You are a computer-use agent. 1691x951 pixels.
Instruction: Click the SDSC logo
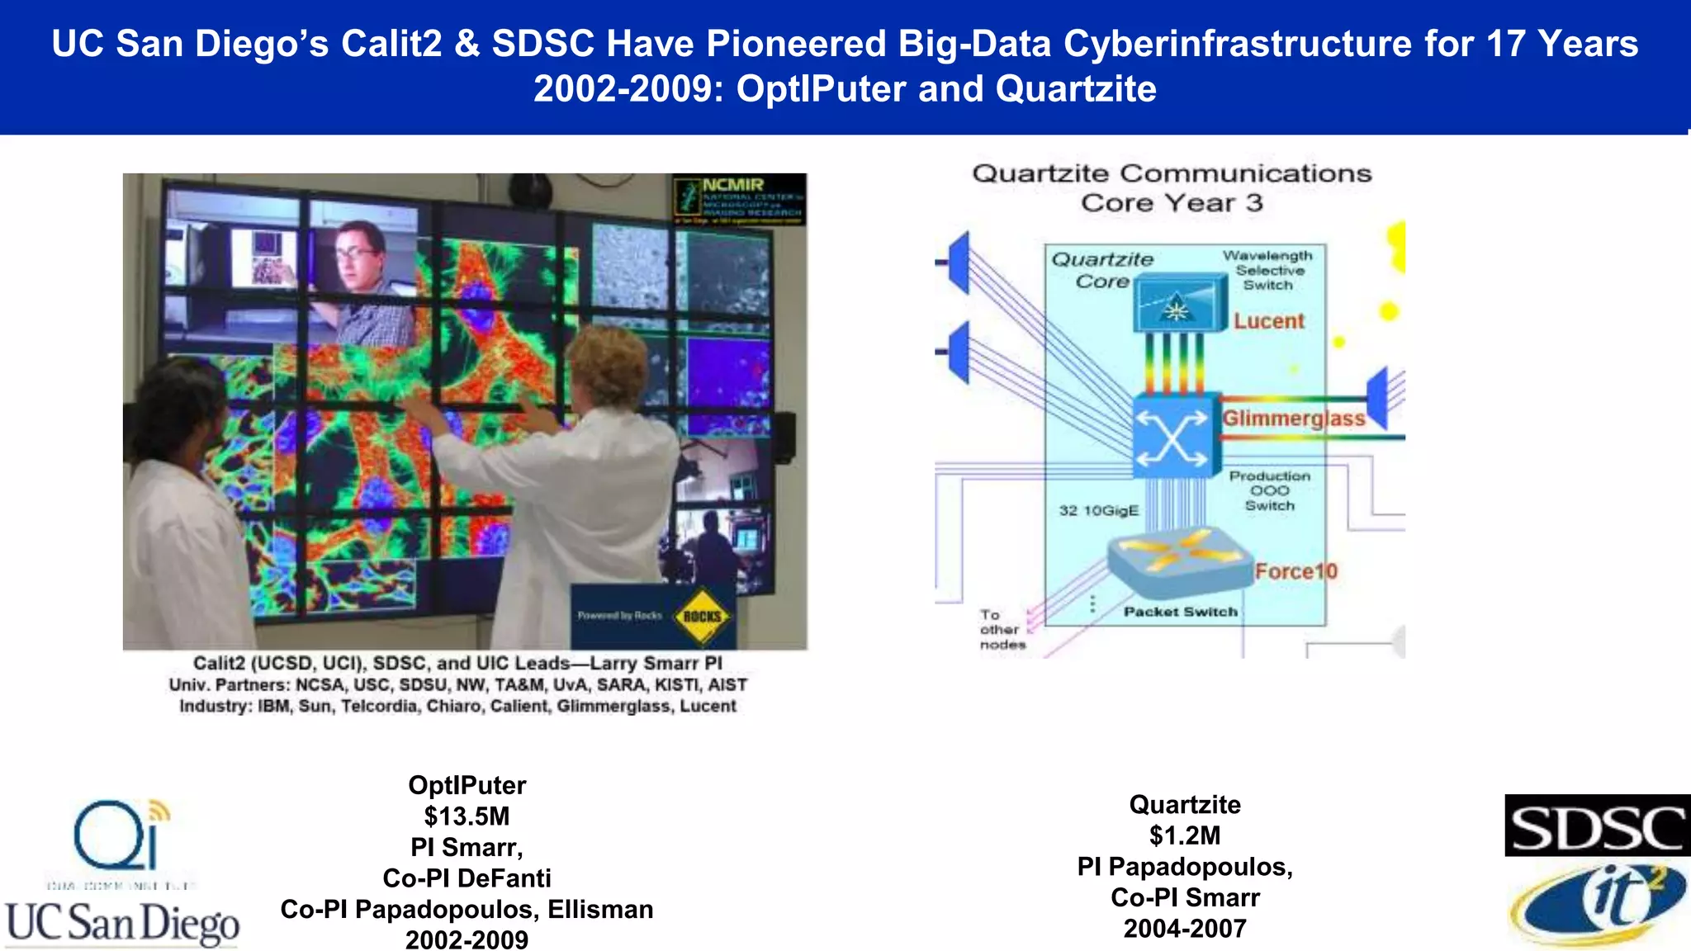coord(1596,826)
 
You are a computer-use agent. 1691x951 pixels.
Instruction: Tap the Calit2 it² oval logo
coord(1598,906)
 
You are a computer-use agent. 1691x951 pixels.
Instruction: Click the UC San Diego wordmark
coord(122,923)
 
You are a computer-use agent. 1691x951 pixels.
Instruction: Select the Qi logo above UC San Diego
coord(120,835)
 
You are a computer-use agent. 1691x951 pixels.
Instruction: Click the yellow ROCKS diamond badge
coord(702,616)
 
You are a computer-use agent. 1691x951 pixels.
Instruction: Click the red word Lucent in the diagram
coord(1269,321)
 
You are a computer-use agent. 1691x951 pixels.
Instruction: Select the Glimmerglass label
coord(1293,419)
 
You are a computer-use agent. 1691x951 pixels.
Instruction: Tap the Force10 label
coord(1295,571)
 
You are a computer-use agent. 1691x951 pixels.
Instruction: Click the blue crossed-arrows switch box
coord(1172,436)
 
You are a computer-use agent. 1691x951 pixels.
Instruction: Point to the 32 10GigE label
coord(1098,511)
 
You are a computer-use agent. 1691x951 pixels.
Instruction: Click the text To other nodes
coord(1002,630)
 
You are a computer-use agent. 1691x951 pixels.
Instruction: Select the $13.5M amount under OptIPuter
coord(467,816)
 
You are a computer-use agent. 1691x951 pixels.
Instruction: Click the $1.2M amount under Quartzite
coord(1184,835)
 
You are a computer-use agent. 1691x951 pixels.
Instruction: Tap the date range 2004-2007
coord(1184,929)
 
